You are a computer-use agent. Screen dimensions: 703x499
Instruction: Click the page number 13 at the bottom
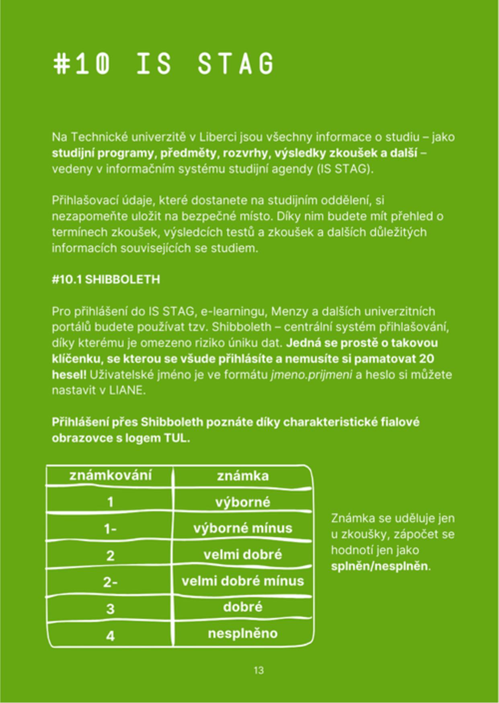[259, 670]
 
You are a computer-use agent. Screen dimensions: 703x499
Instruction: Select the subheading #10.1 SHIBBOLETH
[106, 279]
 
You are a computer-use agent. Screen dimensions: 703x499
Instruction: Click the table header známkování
[111, 475]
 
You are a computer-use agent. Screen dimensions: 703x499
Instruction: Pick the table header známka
[243, 476]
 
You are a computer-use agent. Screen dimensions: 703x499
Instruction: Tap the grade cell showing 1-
[110, 529]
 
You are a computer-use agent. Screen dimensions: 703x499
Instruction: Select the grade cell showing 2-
[110, 582]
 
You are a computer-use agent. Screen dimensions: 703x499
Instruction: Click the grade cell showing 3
[110, 609]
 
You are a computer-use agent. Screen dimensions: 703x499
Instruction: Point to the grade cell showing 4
[110, 636]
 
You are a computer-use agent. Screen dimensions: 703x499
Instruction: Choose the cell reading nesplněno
[243, 633]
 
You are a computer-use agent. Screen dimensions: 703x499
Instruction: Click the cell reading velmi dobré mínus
[243, 581]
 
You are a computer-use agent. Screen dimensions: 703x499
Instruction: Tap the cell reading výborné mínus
[243, 528]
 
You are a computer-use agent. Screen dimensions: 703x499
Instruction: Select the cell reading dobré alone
[243, 607]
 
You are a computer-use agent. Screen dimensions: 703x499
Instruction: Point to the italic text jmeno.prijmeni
[312, 375]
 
